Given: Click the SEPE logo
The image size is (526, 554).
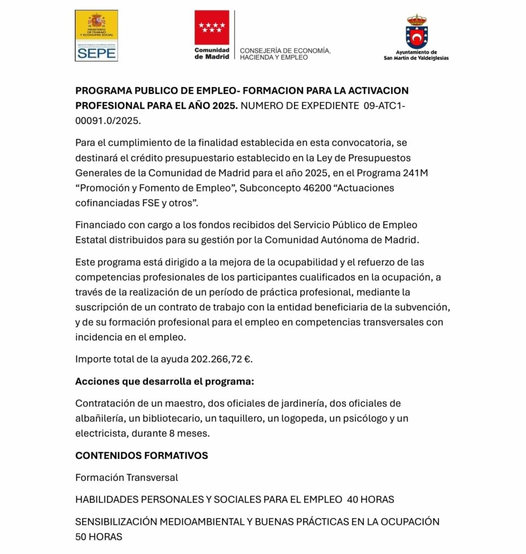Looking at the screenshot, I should pos(96,36).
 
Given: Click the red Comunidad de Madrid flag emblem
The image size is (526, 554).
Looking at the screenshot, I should pos(211,27).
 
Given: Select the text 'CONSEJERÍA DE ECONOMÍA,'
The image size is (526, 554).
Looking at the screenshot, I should pos(285,50).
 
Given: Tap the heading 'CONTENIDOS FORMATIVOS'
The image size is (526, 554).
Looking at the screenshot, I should pos(142,456).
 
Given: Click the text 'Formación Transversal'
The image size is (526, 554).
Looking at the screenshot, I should pos(126,477).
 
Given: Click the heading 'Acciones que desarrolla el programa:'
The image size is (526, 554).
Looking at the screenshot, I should pos(164,381).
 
